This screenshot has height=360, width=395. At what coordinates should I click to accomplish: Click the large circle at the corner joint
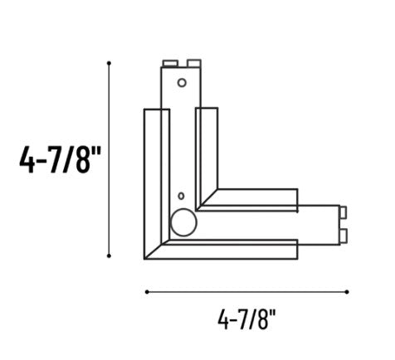181,221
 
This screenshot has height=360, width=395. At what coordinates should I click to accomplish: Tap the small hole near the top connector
182,82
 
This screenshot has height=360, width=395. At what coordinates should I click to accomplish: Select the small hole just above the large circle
180,197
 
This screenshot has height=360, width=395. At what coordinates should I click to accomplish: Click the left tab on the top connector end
168,62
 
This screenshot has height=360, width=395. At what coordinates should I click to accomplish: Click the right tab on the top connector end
194,62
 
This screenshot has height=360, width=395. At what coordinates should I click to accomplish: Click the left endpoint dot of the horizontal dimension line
147,291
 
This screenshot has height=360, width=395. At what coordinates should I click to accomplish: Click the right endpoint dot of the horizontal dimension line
347,291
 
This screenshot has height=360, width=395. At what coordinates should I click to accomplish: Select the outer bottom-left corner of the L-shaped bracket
147,260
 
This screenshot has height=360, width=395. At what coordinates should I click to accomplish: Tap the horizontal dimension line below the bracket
246,291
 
